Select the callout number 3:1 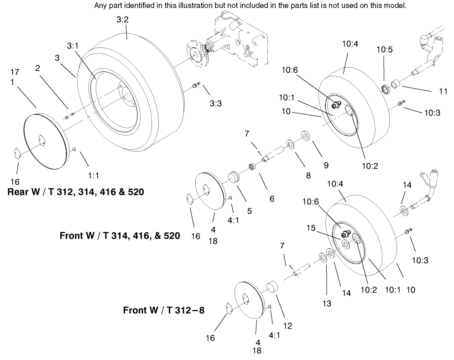(x=73, y=46)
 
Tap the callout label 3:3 (x=215, y=104)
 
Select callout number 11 (x=443, y=91)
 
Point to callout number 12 (x=287, y=326)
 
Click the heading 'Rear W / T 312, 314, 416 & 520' (x=75, y=192)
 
